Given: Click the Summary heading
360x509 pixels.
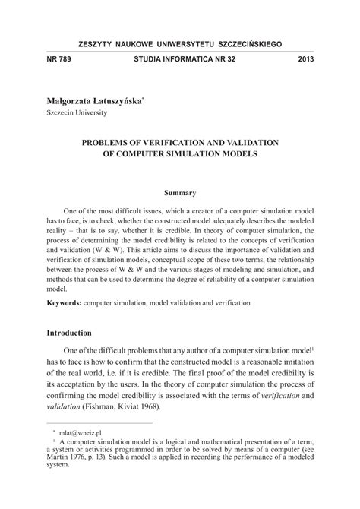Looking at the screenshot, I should point(181,193).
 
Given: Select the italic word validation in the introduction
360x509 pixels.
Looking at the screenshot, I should point(65,406).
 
